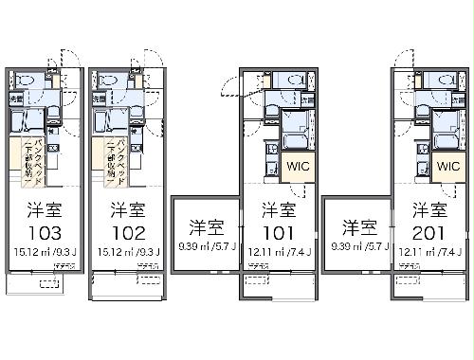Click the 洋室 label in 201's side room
coord(359,227)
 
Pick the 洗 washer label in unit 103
coord(17,98)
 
